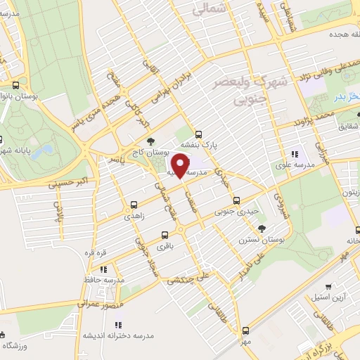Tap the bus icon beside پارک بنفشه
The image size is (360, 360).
pos(198,133)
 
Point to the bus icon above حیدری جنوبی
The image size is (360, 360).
pos(236,200)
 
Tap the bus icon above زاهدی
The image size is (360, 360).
pos(133,206)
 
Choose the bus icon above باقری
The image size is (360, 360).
pos(165,236)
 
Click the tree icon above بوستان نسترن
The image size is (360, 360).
pos(262,228)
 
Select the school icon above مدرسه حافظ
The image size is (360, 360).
pos(104,269)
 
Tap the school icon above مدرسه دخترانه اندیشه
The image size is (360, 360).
pos(118,325)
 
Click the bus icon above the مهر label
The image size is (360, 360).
pos(245,330)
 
